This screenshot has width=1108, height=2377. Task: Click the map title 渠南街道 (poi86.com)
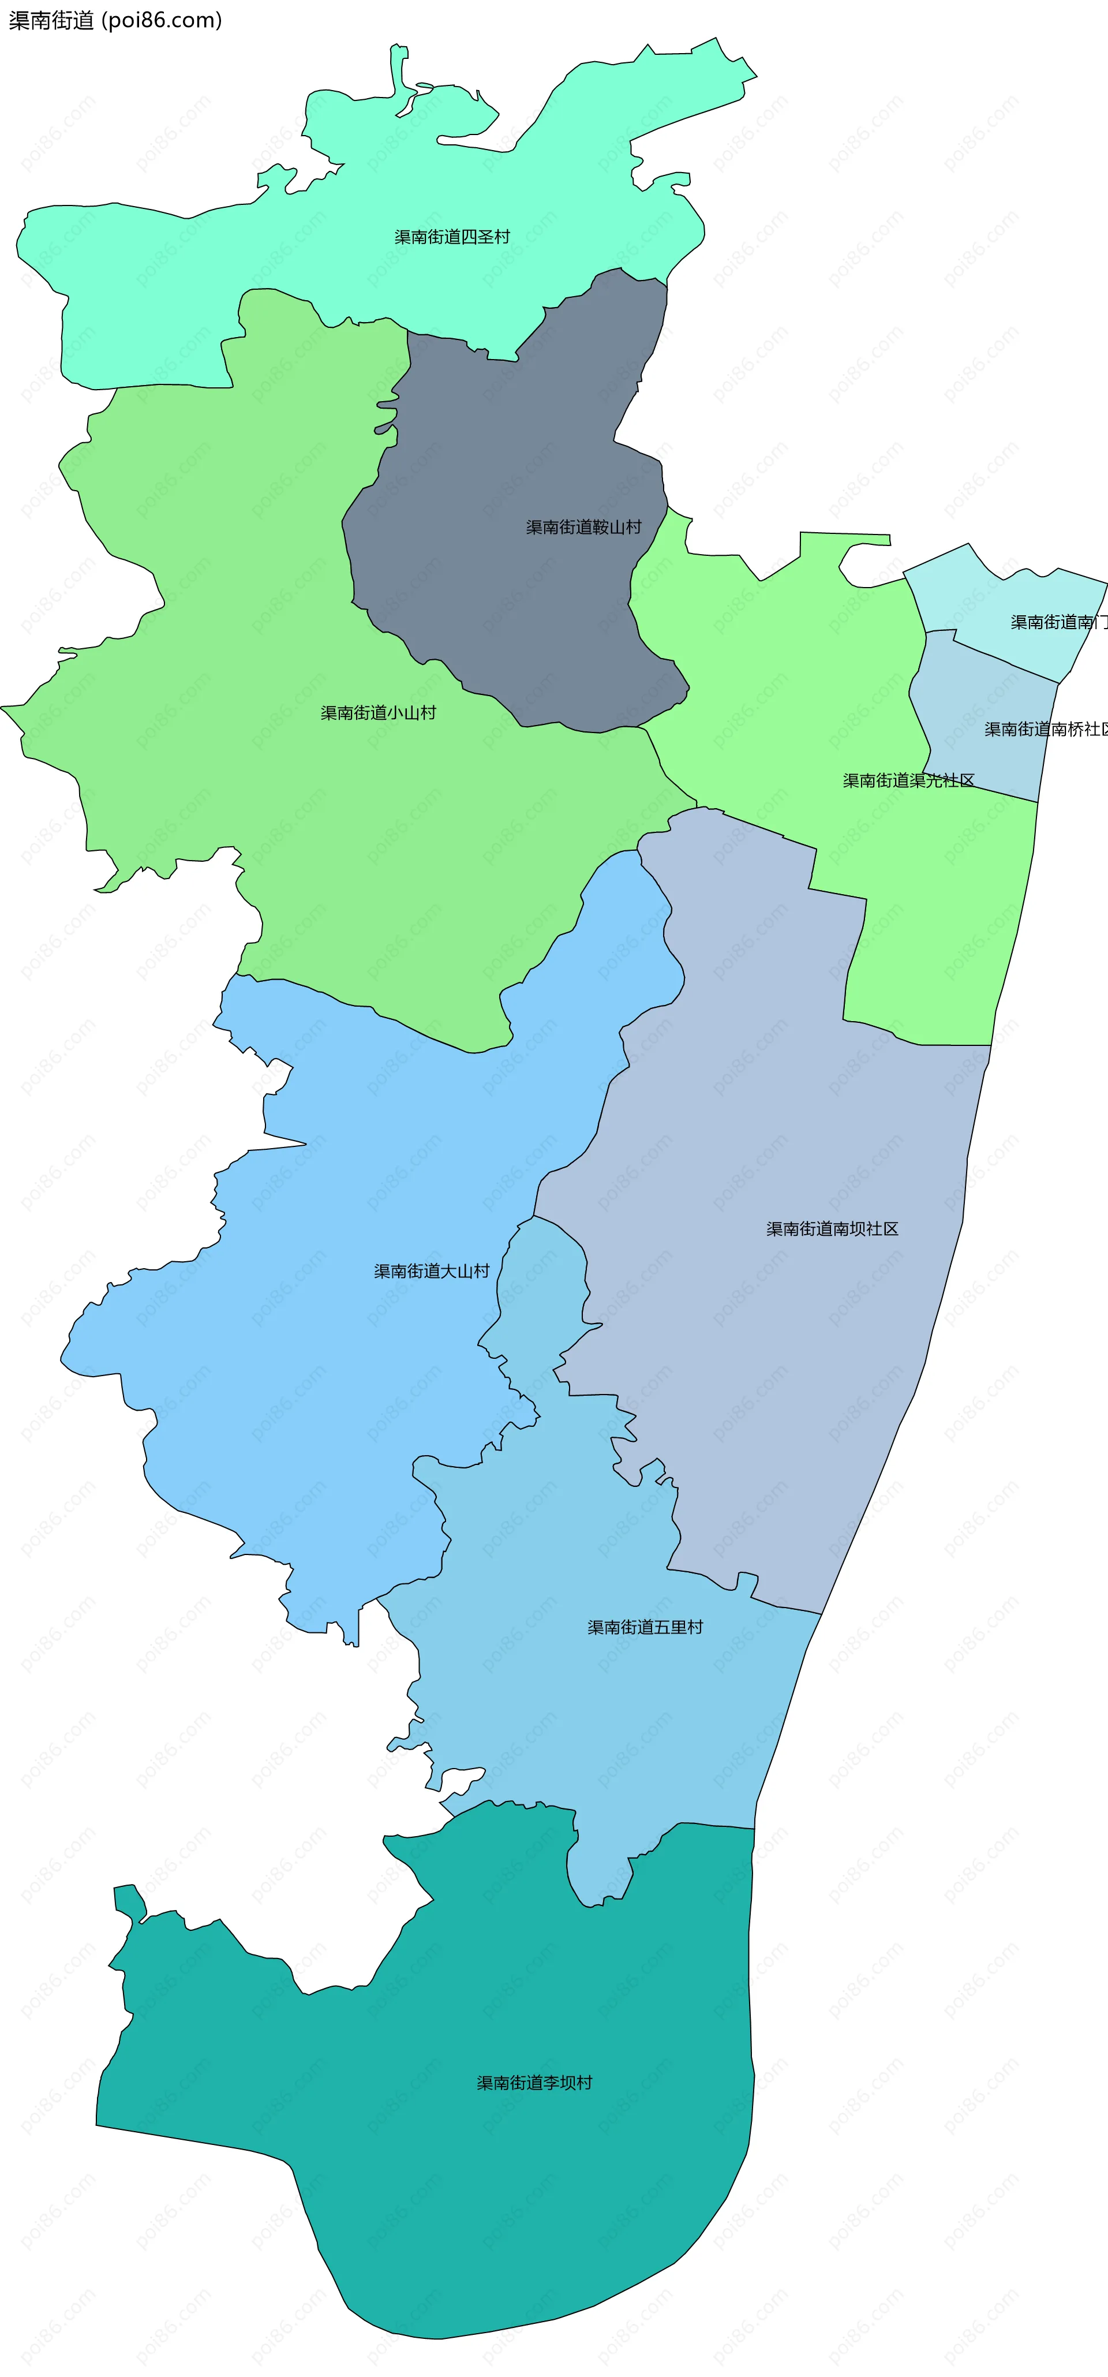point(115,20)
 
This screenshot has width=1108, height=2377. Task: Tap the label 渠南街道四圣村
point(452,237)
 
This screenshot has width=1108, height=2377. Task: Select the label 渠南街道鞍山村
point(583,528)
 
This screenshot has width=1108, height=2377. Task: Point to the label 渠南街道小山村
point(378,713)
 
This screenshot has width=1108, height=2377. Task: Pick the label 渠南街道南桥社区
point(1045,730)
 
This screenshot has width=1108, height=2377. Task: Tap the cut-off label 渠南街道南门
point(1057,623)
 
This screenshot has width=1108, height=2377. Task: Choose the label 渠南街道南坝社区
point(832,1229)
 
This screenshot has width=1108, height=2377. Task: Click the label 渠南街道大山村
point(432,1272)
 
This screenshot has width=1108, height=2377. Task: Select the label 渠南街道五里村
point(645,1628)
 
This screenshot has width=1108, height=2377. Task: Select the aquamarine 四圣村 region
point(277,277)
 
